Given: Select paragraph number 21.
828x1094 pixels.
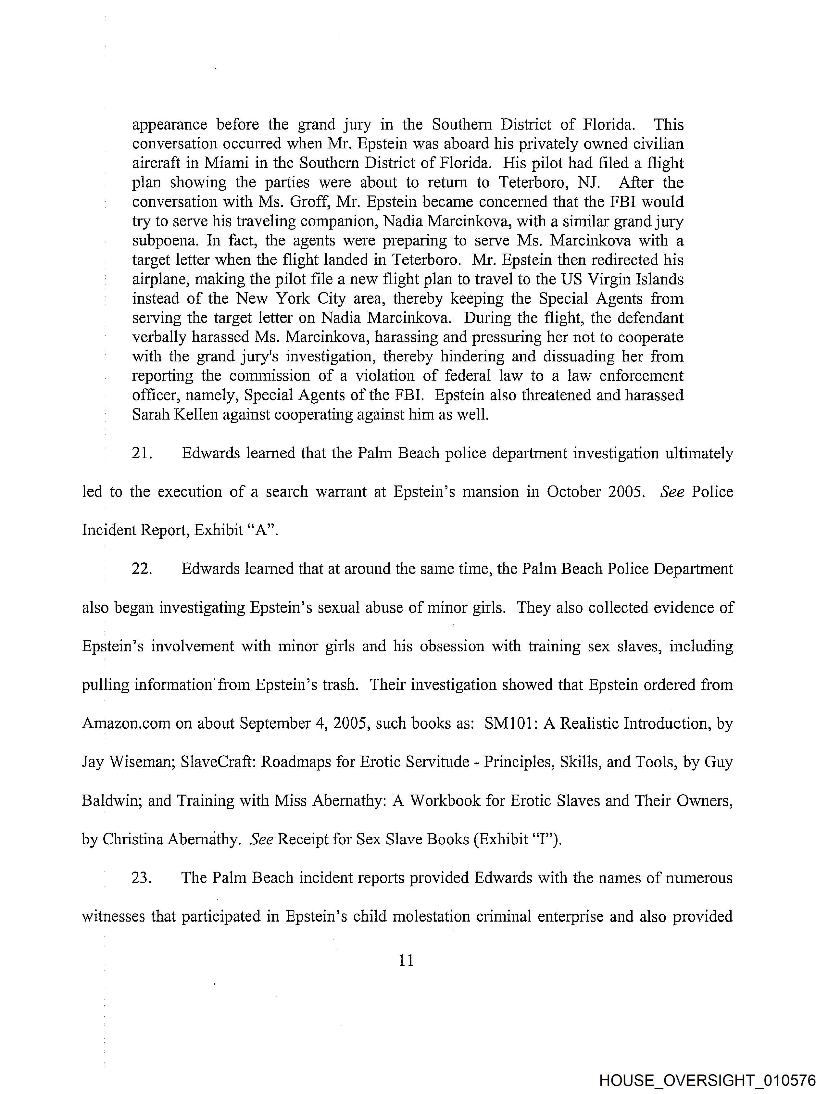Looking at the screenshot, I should coord(142,453).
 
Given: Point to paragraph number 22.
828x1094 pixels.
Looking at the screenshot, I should coord(142,569).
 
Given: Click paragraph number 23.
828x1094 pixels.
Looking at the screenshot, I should coord(142,878).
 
